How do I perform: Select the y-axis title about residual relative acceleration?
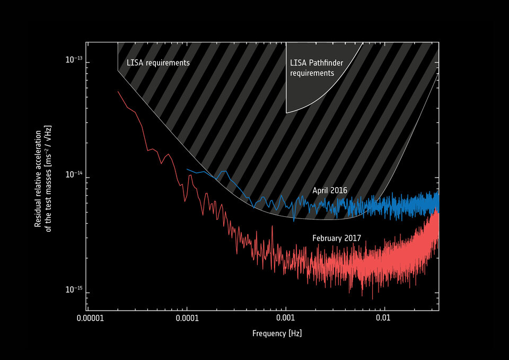[43, 176]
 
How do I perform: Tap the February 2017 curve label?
[336, 239]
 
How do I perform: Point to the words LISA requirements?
[158, 63]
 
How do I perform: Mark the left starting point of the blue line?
[187, 169]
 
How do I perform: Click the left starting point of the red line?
[118, 91]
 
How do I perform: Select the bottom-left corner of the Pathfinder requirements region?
[286, 112]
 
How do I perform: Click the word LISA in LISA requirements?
[134, 63]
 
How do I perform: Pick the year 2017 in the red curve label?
[353, 239]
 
